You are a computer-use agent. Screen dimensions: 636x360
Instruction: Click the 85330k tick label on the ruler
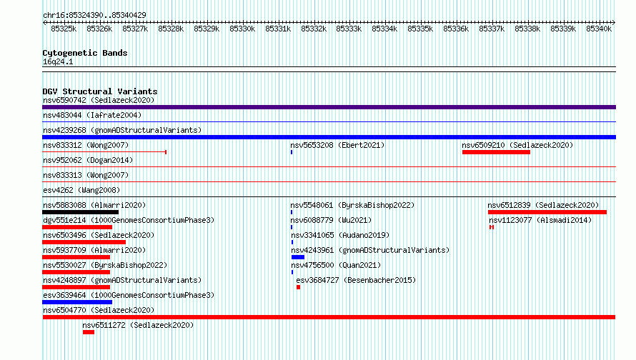coord(242,29)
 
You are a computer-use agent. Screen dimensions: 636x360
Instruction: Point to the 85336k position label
coord(456,29)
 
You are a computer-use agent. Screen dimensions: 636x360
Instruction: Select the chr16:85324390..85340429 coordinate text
coord(94,15)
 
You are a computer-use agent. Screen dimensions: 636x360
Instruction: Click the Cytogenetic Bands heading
coord(85,53)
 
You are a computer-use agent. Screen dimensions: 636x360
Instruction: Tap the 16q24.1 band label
coord(58,61)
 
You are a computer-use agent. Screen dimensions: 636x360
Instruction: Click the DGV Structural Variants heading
coord(100,91)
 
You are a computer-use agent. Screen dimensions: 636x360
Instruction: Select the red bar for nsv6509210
coord(496,152)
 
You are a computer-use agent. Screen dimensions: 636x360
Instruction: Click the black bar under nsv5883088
coord(80,212)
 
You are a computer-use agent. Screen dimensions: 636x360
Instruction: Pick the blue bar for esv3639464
coord(77,302)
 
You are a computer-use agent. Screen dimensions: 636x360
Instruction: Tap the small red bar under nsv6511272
coord(89,332)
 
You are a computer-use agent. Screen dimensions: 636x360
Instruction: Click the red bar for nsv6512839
coord(547,212)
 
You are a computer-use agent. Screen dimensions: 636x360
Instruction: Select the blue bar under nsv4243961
coord(298,257)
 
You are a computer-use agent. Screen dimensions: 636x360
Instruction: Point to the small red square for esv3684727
coord(298,287)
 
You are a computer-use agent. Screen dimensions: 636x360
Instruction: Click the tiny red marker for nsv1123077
coord(492,227)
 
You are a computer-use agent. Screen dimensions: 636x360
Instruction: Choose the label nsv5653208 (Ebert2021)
coord(337,145)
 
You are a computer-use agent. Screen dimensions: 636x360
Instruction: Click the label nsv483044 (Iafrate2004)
coord(92,115)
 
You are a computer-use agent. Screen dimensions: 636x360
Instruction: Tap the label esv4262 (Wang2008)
coord(81,190)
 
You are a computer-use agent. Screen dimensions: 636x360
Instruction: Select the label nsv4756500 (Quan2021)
coord(336,265)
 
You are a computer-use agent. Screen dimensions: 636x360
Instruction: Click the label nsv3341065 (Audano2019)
coord(340,235)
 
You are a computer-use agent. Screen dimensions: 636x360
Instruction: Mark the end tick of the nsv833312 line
coord(166,152)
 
